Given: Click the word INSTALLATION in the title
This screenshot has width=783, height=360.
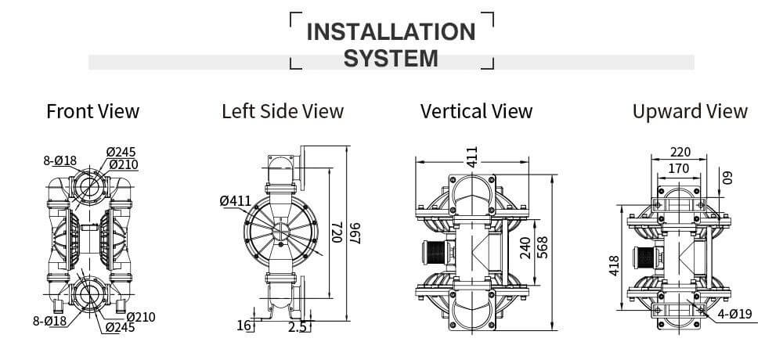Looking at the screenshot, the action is click(391, 32).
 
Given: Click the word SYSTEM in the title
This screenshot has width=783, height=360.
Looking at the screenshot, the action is click(391, 59).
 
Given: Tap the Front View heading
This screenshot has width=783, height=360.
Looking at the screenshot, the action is click(93, 111).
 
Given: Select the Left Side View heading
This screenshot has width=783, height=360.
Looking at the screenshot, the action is click(283, 111).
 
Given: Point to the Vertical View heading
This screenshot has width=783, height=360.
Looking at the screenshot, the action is click(476, 111).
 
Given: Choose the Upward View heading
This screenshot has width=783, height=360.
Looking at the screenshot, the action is click(690, 111).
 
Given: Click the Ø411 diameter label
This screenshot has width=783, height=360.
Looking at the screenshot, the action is click(235, 201).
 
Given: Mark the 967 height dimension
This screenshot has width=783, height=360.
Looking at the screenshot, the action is click(355, 233).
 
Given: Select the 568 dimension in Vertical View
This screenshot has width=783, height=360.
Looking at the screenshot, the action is click(542, 247).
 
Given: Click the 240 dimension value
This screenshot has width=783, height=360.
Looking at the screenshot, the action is click(525, 247).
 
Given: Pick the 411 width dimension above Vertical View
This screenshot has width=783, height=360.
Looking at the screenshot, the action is click(472, 157).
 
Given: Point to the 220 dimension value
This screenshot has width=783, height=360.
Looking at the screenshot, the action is click(680, 152).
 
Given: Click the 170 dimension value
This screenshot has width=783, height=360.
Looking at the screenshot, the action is click(679, 169).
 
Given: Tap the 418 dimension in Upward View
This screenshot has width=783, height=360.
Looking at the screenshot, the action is click(614, 265).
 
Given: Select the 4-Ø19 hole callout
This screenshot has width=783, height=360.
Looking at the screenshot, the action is click(734, 314).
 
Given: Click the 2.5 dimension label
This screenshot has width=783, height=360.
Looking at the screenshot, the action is click(297, 327).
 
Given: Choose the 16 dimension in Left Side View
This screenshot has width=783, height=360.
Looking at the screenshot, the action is click(244, 326).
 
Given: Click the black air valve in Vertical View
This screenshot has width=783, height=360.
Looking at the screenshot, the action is click(434, 253).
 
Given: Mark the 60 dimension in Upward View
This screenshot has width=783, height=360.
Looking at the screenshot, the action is click(727, 177).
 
